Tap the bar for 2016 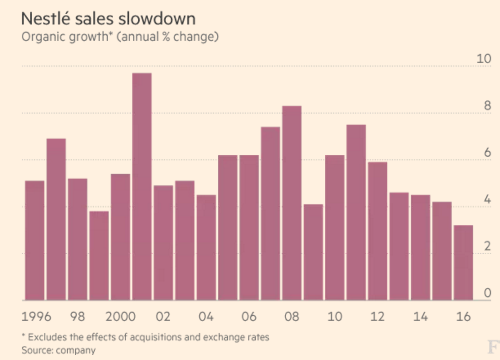pyautogui.click(x=463, y=263)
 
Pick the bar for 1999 pyautogui.click(x=99, y=256)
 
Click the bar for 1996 pyautogui.click(x=35, y=241)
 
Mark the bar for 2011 pyautogui.click(x=356, y=213)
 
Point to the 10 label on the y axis pyautogui.click(x=484, y=59)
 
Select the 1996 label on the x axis pyautogui.click(x=36, y=317)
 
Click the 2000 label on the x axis pyautogui.click(x=121, y=317)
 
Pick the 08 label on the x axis pyautogui.click(x=292, y=317)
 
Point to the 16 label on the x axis pyautogui.click(x=463, y=317)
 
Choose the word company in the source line pyautogui.click(x=76, y=350)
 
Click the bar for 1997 pyautogui.click(x=56, y=220)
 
